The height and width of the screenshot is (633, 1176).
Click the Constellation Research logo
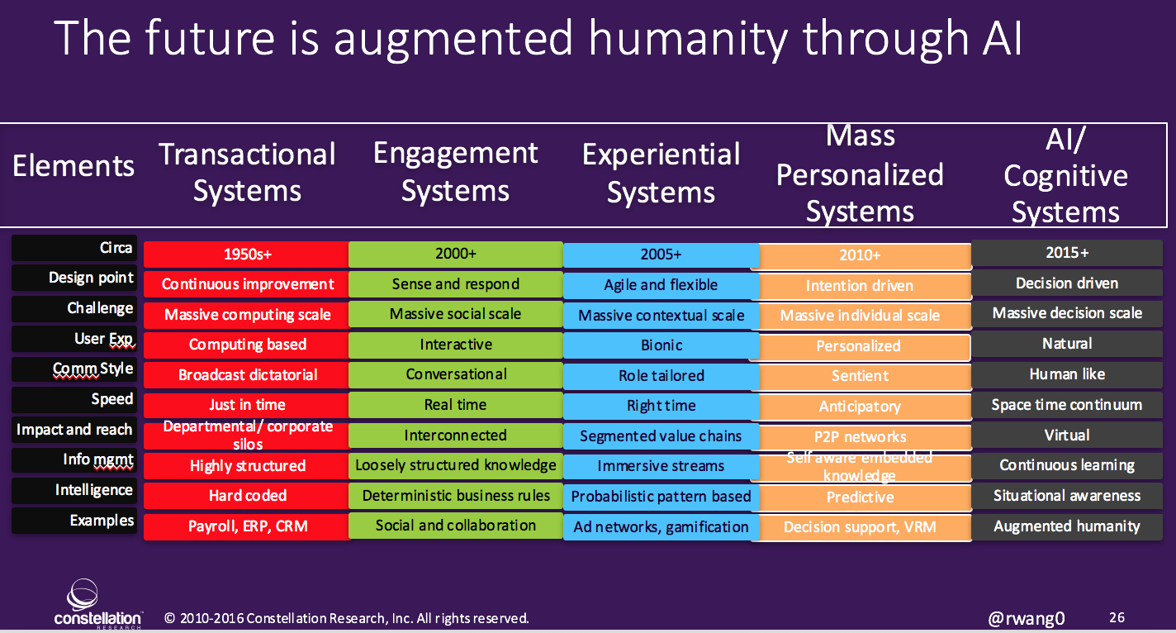click(x=98, y=605)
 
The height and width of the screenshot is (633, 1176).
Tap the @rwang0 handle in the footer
click(x=1026, y=618)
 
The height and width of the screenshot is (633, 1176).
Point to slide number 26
click(x=1117, y=617)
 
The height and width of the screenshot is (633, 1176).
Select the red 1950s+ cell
click(x=246, y=255)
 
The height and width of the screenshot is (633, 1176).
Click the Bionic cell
click(x=661, y=345)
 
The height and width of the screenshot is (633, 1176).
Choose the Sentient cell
click(x=860, y=376)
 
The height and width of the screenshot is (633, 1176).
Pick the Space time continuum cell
click(x=1066, y=405)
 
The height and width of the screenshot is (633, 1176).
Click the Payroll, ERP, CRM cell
click(x=246, y=526)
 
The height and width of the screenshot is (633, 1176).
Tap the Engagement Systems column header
click(x=455, y=172)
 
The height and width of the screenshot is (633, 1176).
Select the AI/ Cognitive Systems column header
click(x=1065, y=176)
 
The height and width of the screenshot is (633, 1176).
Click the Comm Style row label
click(x=92, y=369)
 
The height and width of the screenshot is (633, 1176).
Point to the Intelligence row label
click(x=93, y=490)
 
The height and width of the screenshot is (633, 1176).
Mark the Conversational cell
click(x=456, y=374)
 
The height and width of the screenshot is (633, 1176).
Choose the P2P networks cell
click(x=860, y=436)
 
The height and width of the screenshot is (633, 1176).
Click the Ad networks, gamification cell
click(x=661, y=526)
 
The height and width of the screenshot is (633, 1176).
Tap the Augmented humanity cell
click(x=1066, y=526)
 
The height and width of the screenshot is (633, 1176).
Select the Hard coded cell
click(x=246, y=496)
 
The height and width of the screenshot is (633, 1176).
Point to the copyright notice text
click(x=347, y=618)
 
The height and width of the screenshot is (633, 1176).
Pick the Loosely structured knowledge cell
click(x=456, y=465)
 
